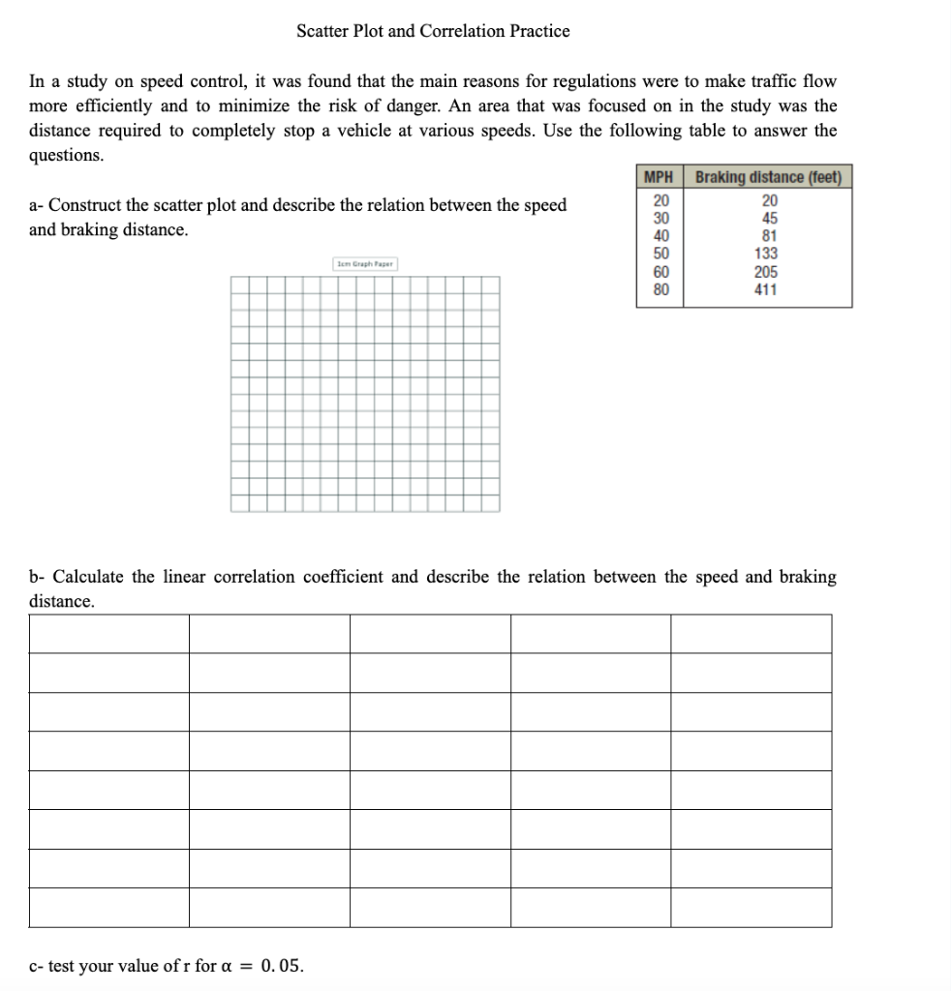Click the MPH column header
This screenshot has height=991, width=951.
pos(659,177)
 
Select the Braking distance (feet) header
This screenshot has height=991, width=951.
pos(768,177)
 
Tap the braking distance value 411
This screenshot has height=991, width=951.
pos(766,289)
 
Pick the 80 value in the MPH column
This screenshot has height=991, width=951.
pos(659,289)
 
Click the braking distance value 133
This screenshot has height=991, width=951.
pos(766,254)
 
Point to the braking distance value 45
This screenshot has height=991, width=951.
pos(766,219)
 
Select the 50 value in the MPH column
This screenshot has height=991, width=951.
pos(659,254)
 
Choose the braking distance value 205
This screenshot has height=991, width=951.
pos(766,272)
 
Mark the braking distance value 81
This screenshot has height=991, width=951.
pos(766,236)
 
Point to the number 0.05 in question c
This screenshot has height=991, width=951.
pos(282,966)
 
